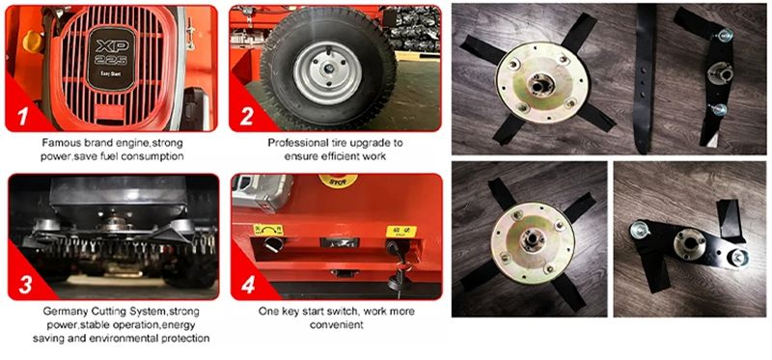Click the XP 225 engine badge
coord(111,59)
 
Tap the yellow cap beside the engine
coord(33,41)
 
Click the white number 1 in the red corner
coord(23,116)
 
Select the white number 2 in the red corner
coord(247,116)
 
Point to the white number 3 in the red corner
coord(26,285)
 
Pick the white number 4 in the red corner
coord(248,285)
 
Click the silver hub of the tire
coord(327,72)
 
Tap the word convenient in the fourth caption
coord(336,325)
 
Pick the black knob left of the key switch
coord(271,244)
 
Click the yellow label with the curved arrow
coord(268,230)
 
